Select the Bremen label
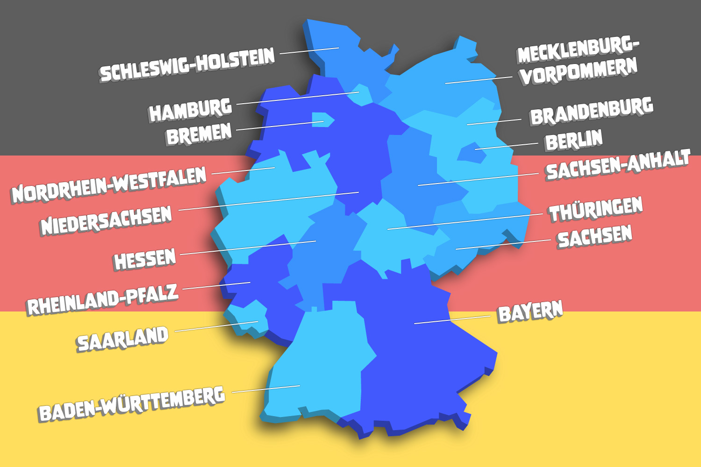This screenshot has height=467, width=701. click(x=199, y=134)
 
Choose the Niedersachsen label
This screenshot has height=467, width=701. click(x=106, y=220)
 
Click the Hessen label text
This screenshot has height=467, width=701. click(x=144, y=259)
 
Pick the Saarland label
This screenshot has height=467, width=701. click(x=122, y=339)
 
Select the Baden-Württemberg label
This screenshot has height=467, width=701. click(x=131, y=404)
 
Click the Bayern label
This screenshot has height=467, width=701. click(x=530, y=312)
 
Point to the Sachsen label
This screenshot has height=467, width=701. click(x=594, y=237)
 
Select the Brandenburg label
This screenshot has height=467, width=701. click(x=591, y=111)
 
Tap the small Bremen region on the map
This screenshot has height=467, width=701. click(x=322, y=120)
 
